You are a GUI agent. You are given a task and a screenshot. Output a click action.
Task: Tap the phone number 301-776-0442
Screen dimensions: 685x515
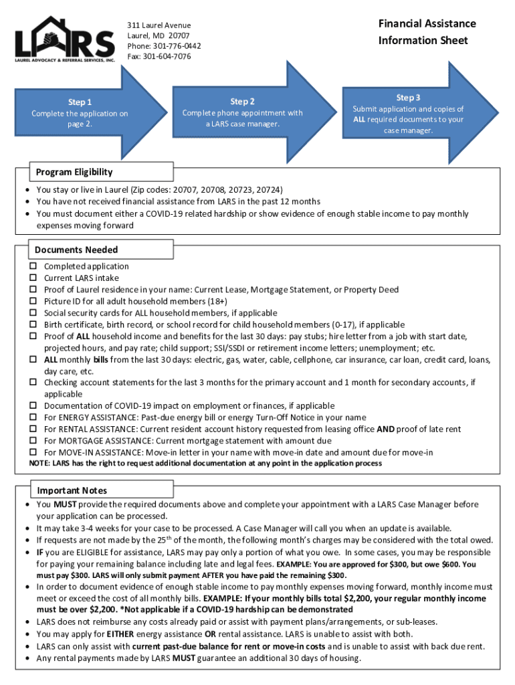pos(176,46)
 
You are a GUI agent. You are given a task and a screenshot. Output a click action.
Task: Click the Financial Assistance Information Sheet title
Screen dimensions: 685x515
pos(427,32)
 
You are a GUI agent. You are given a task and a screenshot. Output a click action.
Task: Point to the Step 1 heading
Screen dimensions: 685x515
pos(80,102)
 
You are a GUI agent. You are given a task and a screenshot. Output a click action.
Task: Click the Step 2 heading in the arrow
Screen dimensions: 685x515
pos(242,102)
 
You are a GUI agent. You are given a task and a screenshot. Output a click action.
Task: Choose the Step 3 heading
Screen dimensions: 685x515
pos(408,98)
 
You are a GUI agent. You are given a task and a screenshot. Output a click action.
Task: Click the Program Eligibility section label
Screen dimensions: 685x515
pos(74,172)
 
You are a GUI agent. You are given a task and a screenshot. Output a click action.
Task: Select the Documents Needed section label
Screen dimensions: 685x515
pos(76,250)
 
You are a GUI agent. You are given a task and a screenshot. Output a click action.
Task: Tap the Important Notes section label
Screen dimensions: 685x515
pos(72,490)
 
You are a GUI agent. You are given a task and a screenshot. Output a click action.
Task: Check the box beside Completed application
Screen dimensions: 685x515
pos(32,267)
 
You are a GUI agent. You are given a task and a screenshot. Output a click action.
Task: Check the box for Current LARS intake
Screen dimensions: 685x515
pos(32,278)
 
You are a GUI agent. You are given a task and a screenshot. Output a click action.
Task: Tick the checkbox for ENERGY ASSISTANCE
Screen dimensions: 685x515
pos(32,417)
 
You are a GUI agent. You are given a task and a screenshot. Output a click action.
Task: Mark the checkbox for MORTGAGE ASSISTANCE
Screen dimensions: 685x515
pos(32,441)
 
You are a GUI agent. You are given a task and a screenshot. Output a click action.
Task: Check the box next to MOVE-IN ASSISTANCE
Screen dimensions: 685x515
pos(32,452)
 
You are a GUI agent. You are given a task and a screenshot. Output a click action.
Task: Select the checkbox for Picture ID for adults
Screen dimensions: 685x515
pos(32,302)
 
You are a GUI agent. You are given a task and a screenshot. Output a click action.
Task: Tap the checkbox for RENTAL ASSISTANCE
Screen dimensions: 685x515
pos(32,429)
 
